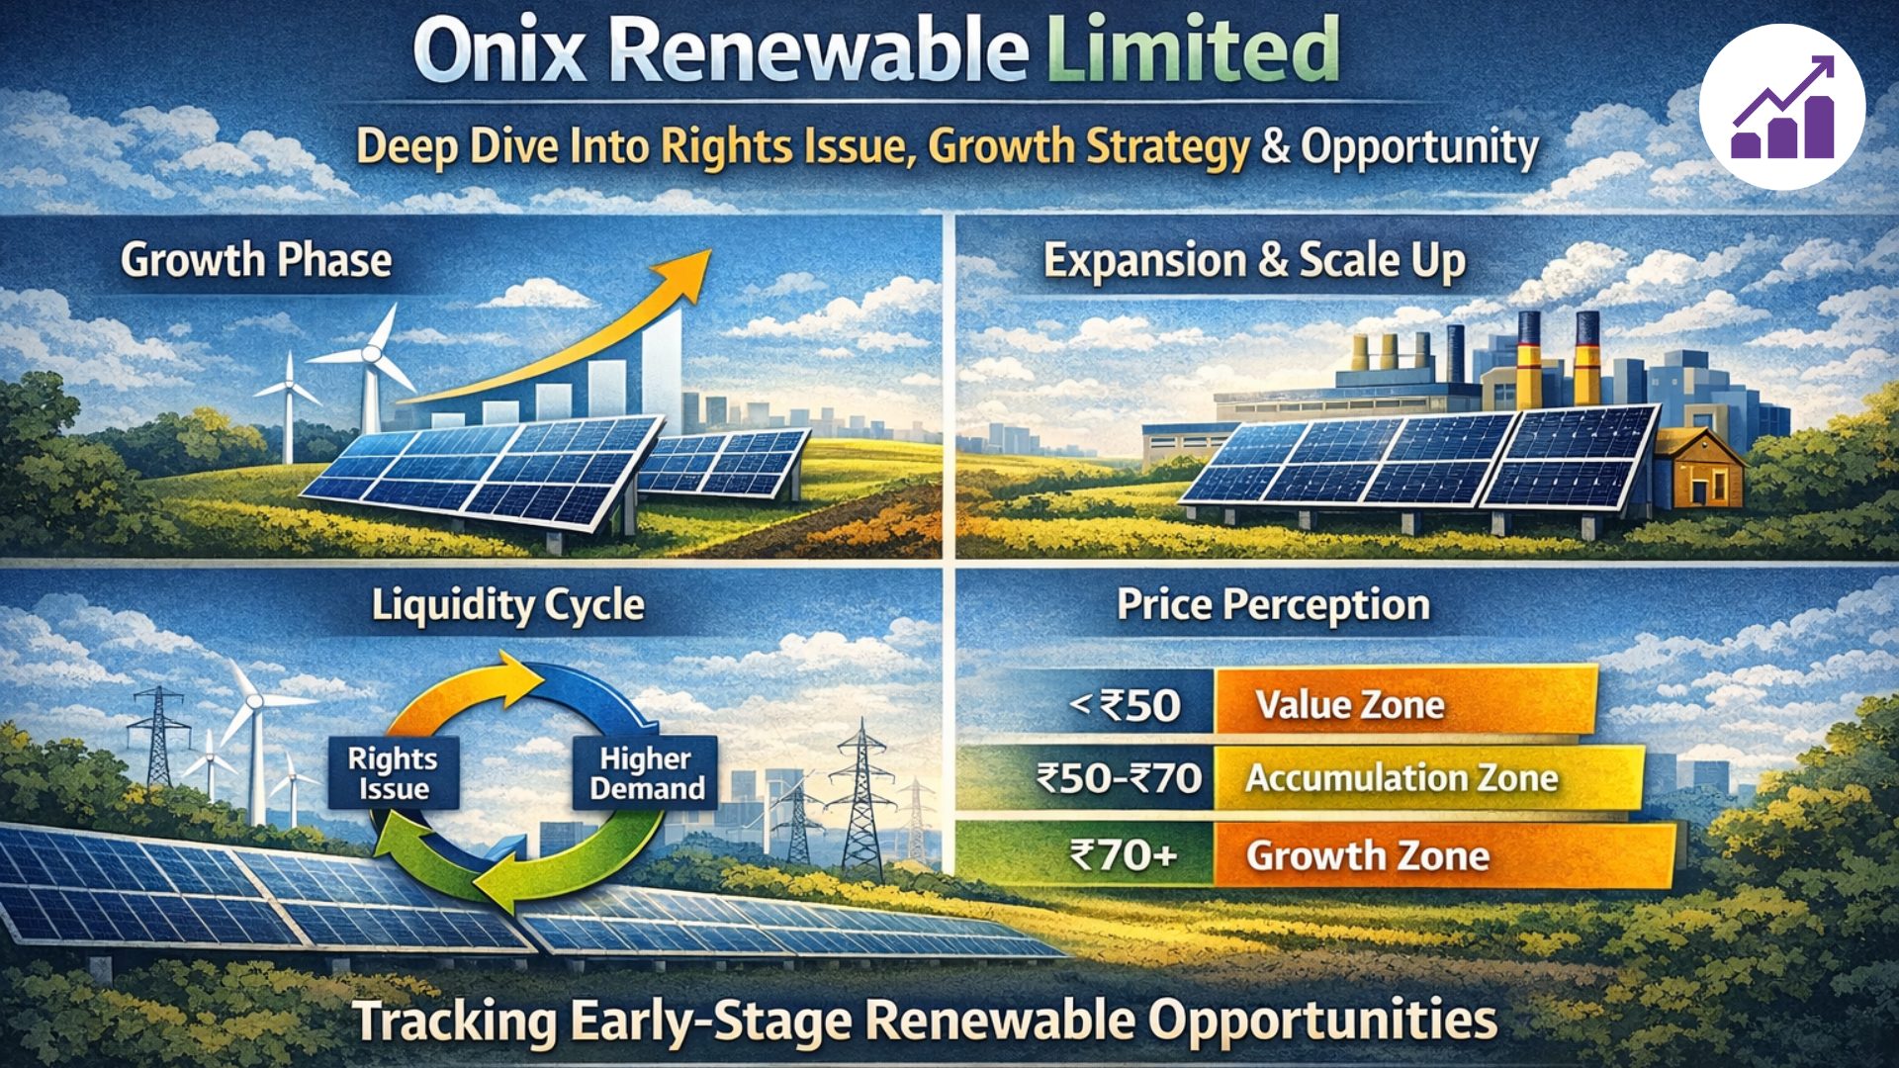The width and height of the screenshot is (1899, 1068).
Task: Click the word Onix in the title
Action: pos(499,51)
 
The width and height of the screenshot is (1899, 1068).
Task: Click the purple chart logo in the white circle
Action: pos(1782,108)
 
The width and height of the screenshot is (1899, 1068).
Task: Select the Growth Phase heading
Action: pos(256,261)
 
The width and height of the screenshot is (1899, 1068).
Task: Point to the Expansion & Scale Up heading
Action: pos(1254,261)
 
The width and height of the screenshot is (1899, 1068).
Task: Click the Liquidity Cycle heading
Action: pos(508,605)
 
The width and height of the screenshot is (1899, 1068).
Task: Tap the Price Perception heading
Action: pos(1273,605)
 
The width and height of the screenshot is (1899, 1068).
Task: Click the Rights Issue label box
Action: pos(394,773)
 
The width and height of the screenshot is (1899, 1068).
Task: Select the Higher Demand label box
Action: pos(647,773)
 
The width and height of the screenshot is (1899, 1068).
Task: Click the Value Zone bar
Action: pos(1404,704)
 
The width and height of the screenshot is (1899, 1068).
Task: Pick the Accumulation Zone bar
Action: pos(1426,778)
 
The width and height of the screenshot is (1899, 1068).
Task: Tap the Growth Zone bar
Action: pos(1442,855)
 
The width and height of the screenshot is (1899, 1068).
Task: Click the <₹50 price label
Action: pos(1126,706)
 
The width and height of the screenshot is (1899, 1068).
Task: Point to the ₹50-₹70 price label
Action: pos(1119,779)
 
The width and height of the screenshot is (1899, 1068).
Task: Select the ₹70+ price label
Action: pos(1124,854)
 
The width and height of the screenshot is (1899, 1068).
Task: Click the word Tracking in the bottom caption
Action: pos(455,1023)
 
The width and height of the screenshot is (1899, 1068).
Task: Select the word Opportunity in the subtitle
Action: pos(1419,147)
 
